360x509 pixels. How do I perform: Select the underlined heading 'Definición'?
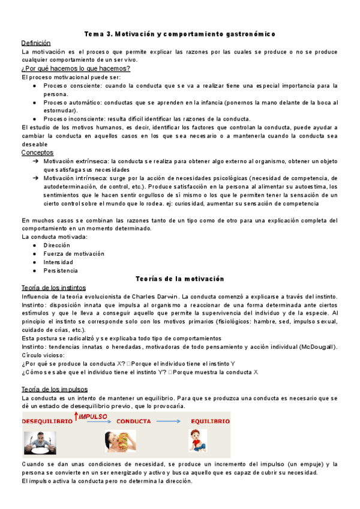point(36,43)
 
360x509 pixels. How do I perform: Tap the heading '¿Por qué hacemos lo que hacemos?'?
point(76,68)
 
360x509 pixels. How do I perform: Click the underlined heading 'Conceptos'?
point(37,152)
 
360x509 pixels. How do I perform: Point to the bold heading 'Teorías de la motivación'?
point(180,279)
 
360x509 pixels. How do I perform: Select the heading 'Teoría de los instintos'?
point(53,288)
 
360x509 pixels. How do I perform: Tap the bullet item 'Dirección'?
point(56,245)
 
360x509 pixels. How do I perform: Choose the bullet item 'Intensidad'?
point(58,262)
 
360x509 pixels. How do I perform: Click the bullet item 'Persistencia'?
point(61,271)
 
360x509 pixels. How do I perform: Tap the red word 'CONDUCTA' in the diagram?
point(133,421)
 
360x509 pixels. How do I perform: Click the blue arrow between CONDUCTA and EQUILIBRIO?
point(173,421)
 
